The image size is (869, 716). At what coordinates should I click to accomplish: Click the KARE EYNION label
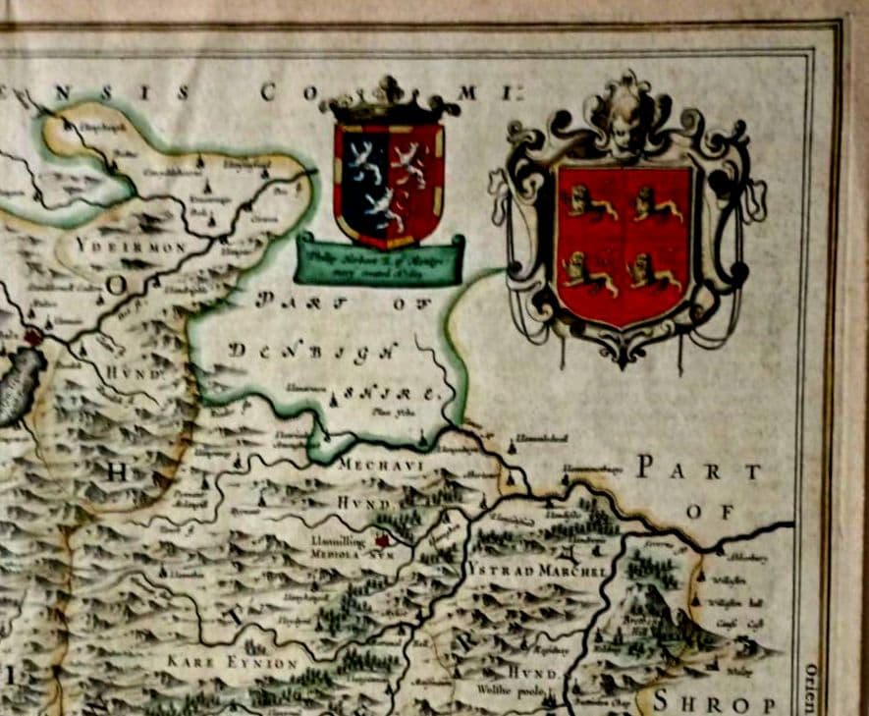(x=232, y=664)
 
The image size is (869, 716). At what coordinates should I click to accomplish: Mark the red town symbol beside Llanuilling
(x=383, y=539)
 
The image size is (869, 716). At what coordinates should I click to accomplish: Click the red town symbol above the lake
(x=34, y=337)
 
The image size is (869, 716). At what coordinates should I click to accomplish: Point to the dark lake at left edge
(x=20, y=386)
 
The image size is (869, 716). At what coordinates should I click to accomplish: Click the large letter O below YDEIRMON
(x=117, y=286)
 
